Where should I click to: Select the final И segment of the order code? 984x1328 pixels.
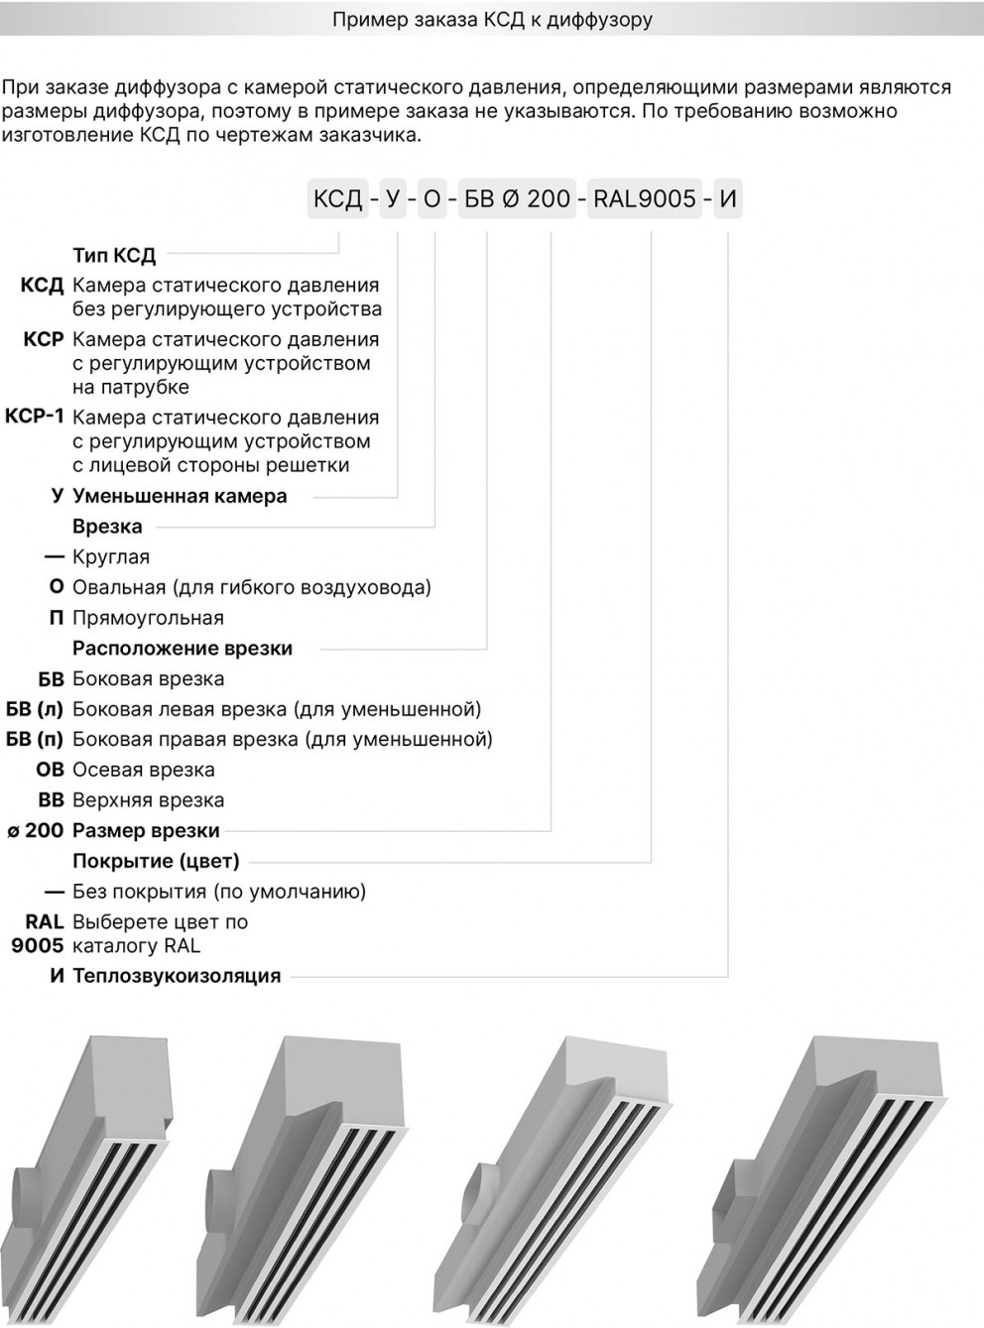click(x=728, y=199)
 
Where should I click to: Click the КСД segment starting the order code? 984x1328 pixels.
click(x=338, y=199)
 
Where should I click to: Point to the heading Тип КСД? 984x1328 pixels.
click(x=114, y=256)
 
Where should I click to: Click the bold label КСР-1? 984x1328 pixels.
click(x=35, y=417)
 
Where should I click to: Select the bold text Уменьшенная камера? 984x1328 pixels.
click(x=180, y=496)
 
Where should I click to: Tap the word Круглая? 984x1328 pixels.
click(x=111, y=557)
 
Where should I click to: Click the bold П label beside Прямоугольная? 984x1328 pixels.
click(x=57, y=618)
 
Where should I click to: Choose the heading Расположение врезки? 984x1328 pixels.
click(x=183, y=649)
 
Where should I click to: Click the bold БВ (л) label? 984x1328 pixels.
click(x=35, y=709)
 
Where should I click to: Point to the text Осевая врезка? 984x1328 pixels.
click(x=144, y=770)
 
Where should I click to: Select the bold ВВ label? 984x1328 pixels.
click(x=51, y=800)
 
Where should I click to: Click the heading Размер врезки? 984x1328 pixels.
click(x=146, y=831)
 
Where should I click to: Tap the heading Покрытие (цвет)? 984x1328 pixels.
click(x=156, y=861)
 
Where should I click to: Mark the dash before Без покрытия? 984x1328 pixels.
click(x=56, y=892)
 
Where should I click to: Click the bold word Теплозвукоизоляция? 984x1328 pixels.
click(x=177, y=976)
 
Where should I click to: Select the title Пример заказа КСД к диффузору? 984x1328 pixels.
click(x=492, y=20)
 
